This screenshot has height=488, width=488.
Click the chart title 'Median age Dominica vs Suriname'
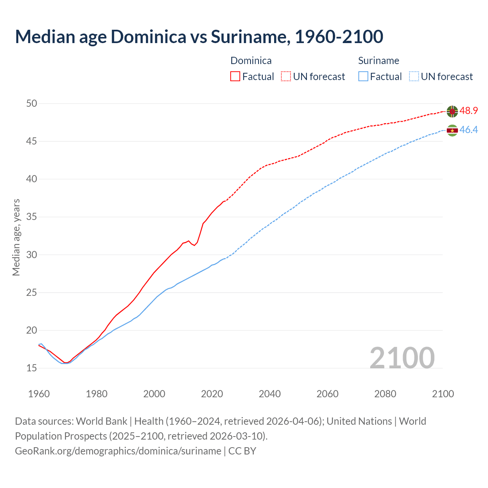coord(199,37)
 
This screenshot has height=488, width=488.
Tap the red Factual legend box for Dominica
coord(235,76)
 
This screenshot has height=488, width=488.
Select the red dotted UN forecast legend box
coord(286,76)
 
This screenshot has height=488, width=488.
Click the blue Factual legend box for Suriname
coord(363,76)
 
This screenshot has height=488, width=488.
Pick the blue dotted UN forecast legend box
coord(414,76)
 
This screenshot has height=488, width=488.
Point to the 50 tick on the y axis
coord(32,103)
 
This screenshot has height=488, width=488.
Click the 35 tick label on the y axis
coord(32,217)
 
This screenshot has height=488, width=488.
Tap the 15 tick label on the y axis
coord(32,368)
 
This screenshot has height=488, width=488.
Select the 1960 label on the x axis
coord(39,394)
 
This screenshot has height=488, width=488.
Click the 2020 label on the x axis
coord(212,394)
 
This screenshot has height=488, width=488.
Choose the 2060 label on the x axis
coord(327,394)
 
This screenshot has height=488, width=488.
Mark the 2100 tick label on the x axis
coord(443,394)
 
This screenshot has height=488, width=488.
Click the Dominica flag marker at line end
coord(452,111)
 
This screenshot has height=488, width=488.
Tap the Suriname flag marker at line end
coord(452,130)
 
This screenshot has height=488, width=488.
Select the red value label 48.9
coord(469,111)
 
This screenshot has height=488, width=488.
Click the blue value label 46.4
coord(469,130)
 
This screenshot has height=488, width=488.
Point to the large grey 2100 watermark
coord(402,358)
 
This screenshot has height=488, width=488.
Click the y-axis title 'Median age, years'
coord(16,237)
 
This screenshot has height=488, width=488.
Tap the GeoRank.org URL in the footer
coord(118,451)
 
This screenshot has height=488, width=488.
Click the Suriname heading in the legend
coord(379,61)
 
